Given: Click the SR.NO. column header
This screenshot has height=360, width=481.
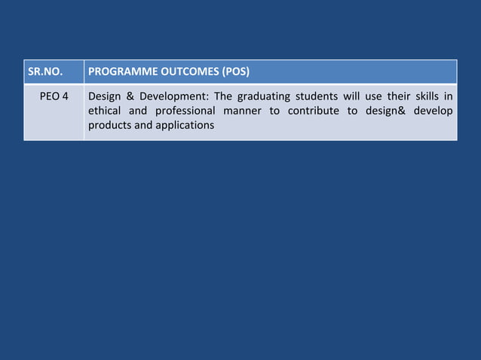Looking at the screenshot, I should click(44, 73).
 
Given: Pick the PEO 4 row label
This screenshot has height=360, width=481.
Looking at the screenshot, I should click(54, 96).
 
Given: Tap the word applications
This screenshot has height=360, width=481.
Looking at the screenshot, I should click(184, 125).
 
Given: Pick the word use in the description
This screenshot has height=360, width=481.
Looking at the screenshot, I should click(375, 96).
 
